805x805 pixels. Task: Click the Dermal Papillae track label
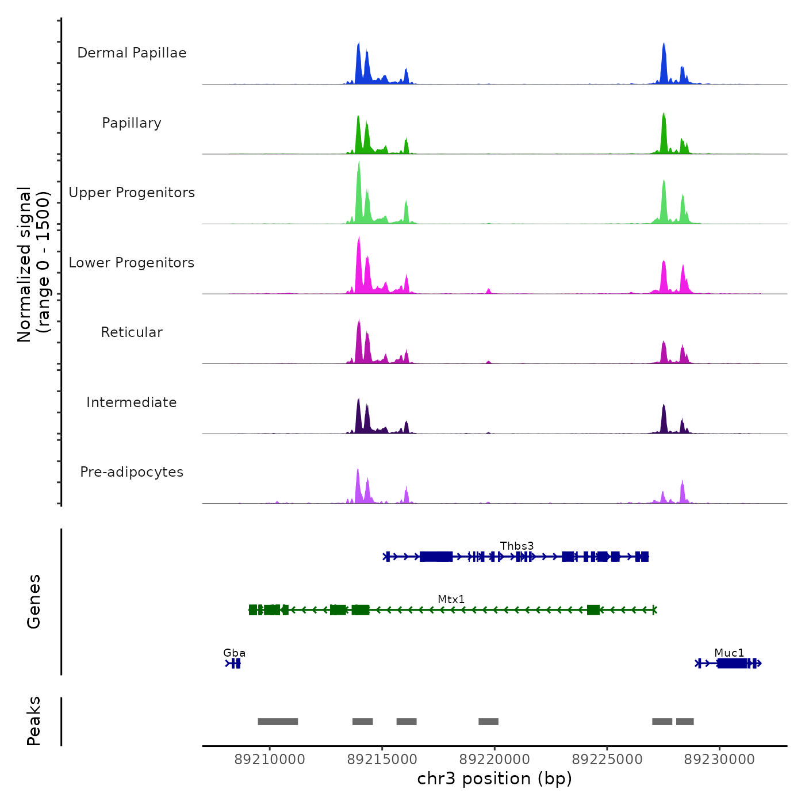coord(132,53)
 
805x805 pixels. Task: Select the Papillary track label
coord(132,123)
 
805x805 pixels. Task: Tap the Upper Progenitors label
coord(132,193)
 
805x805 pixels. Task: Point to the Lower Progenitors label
coord(132,263)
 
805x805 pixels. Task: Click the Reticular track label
coord(132,332)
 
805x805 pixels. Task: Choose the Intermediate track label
coord(132,402)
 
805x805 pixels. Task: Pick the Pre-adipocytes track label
coord(132,472)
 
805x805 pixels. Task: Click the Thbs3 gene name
coord(517,546)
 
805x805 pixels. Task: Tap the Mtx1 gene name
coord(451,599)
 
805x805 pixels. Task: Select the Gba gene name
coord(234,653)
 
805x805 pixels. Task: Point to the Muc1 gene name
coord(729,653)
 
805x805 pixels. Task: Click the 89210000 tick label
coord(270,760)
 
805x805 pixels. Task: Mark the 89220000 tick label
coord(494,760)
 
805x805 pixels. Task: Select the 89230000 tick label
coord(719,760)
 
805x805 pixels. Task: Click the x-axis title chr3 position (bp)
coord(494,779)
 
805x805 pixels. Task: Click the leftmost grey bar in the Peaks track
coord(278,722)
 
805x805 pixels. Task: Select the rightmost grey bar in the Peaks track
coord(685,722)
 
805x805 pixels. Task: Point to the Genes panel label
coord(34,601)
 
